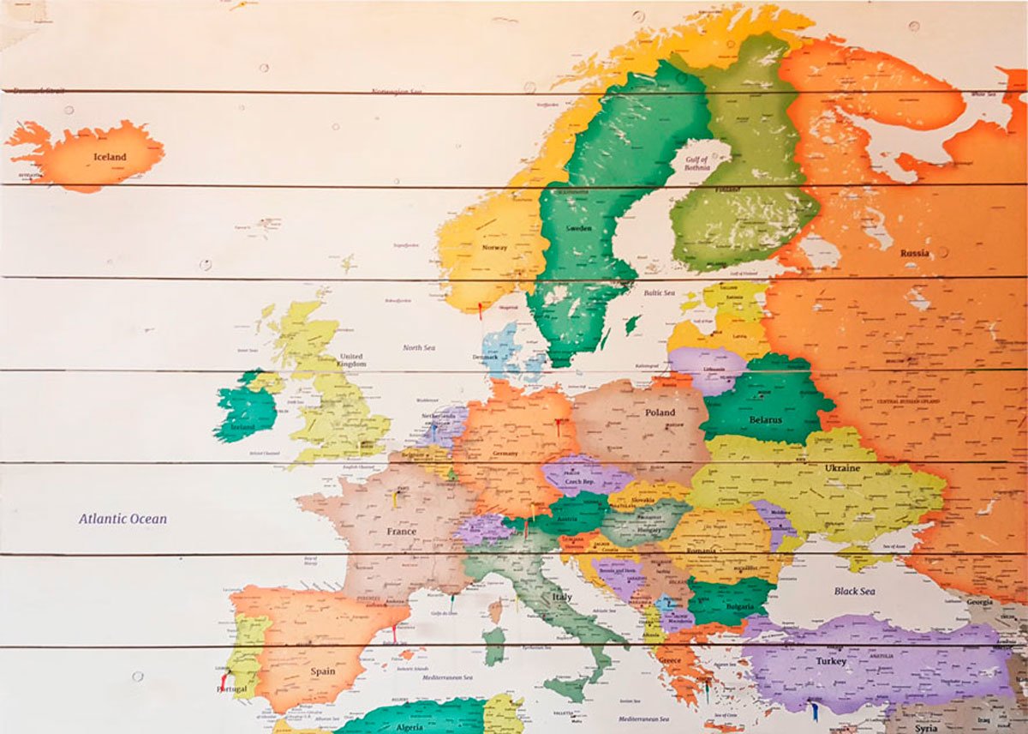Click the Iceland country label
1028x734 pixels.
(x=110, y=157)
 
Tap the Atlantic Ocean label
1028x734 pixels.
(x=123, y=519)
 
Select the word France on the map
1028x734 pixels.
(x=401, y=532)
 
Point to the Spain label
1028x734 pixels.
(x=323, y=671)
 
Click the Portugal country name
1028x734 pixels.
(x=232, y=689)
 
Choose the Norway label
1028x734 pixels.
(x=494, y=248)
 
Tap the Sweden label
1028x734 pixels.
(x=578, y=229)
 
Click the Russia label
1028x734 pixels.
(x=914, y=253)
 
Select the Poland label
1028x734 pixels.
(x=660, y=412)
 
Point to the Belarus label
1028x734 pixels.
(x=765, y=420)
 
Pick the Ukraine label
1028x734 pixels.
(x=842, y=468)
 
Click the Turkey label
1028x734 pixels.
(x=831, y=662)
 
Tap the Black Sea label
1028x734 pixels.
(x=854, y=591)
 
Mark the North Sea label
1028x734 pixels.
(x=419, y=347)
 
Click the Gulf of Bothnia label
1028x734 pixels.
(x=696, y=163)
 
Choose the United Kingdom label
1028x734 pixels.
(x=351, y=359)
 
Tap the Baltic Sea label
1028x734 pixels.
(x=660, y=293)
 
